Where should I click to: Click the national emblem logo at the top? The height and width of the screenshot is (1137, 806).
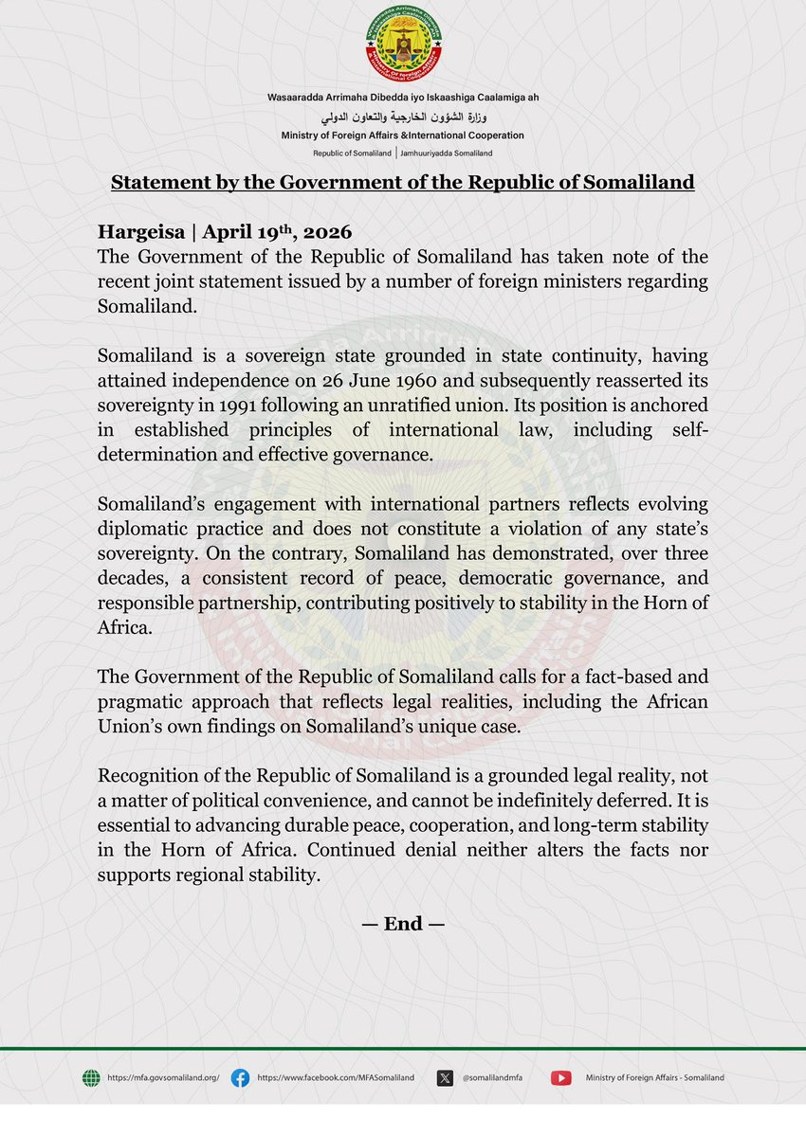coord(402,46)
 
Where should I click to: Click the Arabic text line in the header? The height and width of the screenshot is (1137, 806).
coord(402,117)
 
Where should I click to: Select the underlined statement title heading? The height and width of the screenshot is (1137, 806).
coord(402,182)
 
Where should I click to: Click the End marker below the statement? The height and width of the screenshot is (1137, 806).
coord(402,924)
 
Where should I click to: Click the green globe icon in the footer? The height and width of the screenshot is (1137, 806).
coord(91,1077)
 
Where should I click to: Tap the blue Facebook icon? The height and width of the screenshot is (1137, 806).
coord(241,1077)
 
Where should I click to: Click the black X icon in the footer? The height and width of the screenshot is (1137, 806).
coord(446,1077)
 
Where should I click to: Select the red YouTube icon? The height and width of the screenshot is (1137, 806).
coord(561,1077)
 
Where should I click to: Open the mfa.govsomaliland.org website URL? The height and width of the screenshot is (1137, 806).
coord(163,1077)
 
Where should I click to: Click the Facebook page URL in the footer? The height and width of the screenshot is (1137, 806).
coord(336,1077)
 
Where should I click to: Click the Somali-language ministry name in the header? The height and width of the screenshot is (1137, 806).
coord(402,99)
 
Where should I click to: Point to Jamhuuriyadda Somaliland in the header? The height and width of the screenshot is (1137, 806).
coord(446,153)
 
